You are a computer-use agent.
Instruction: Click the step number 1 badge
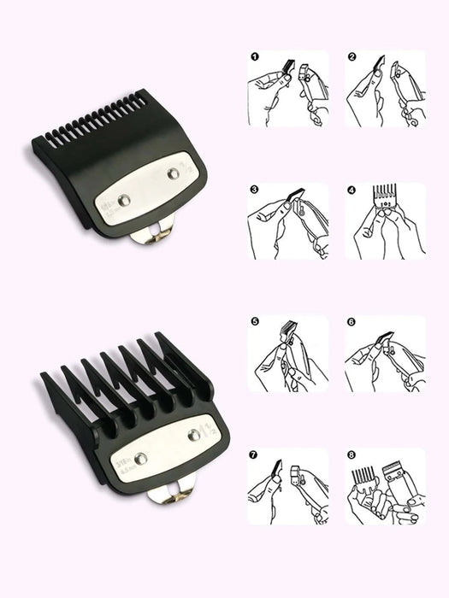point(254,57)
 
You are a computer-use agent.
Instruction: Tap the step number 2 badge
point(352,57)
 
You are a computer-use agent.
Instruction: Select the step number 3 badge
point(254,190)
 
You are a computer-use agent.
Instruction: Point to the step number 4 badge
point(352,190)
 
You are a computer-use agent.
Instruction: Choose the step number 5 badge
point(254,322)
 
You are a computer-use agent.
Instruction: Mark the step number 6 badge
point(352,322)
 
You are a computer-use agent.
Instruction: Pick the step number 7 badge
point(254,454)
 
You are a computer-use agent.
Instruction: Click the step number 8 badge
point(352,454)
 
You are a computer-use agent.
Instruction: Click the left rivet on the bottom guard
point(142,459)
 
